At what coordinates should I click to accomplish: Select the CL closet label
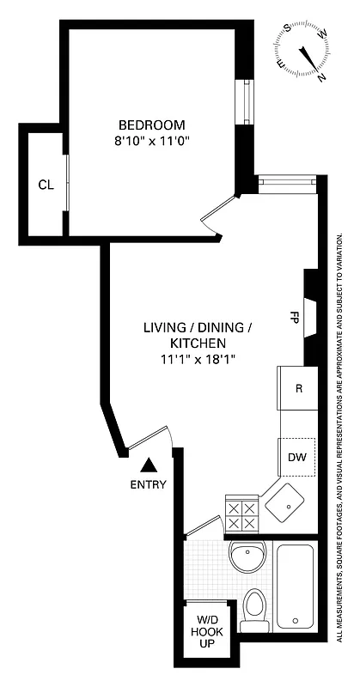click(x=46, y=184)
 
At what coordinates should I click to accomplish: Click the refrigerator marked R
click(x=297, y=388)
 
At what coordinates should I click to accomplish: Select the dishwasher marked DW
click(x=297, y=456)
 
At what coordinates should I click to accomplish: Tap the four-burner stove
click(x=241, y=514)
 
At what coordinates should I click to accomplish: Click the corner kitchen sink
click(x=283, y=503)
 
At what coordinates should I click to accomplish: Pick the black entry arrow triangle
click(x=149, y=465)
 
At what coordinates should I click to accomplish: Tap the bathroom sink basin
click(x=250, y=559)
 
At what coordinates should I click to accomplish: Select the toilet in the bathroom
click(x=255, y=606)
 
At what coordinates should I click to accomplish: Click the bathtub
click(x=296, y=586)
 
